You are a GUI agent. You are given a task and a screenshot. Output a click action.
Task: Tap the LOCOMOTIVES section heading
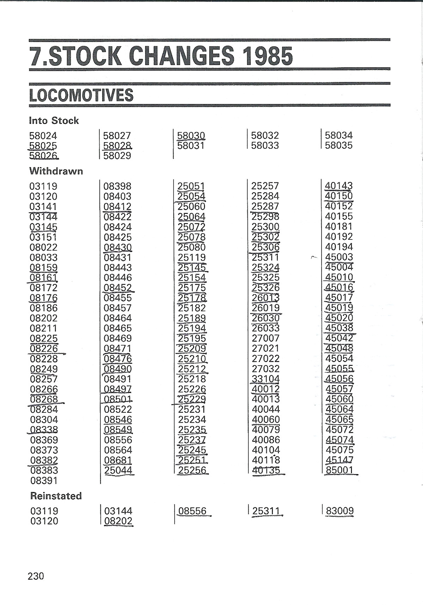click(81, 95)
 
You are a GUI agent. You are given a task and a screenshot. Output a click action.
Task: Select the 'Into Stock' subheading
click(54, 121)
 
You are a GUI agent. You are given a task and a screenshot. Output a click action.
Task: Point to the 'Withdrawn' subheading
click(56, 171)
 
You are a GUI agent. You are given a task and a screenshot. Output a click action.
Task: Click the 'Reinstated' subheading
click(56, 496)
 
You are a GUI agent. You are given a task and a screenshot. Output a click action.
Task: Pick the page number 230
click(36, 576)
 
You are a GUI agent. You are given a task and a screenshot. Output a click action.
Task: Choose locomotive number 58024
click(43, 135)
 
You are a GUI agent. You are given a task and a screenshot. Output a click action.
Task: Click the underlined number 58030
click(191, 135)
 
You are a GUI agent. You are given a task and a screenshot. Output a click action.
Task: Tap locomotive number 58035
click(339, 145)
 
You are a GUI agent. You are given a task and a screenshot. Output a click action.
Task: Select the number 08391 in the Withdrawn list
click(44, 480)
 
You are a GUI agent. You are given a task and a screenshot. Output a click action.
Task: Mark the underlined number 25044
click(118, 470)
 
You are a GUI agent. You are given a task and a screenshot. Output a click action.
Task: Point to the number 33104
click(265, 379)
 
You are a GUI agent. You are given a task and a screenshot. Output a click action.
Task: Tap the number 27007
click(265, 338)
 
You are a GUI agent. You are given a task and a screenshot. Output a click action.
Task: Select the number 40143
click(339, 186)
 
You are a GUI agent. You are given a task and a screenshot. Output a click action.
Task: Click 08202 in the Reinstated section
click(118, 521)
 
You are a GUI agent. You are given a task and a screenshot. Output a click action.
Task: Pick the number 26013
click(265, 298)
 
